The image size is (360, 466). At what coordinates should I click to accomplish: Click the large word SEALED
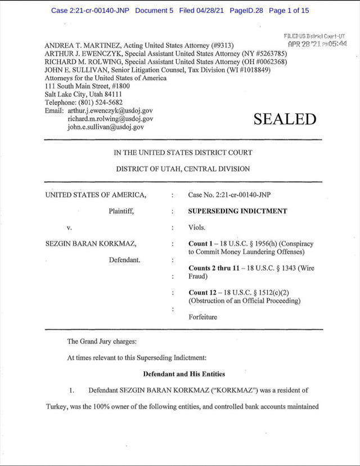285,119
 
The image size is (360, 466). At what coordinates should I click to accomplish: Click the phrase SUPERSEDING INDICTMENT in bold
237,212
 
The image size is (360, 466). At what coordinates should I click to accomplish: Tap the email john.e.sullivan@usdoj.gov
106,127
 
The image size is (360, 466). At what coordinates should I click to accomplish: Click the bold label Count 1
202,244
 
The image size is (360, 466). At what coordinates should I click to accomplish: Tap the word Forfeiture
202,317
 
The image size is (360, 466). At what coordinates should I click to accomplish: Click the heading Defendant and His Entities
183,374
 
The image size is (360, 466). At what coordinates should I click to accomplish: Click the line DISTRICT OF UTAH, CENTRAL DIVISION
183,169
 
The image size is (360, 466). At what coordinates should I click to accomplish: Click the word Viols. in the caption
197,228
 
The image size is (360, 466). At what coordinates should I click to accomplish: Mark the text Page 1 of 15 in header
289,10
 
